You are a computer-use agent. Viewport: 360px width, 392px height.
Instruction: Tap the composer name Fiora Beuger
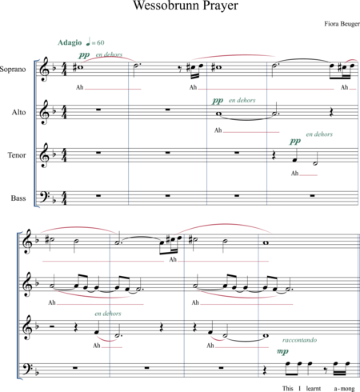342,24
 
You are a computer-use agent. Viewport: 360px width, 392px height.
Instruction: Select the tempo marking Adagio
70,42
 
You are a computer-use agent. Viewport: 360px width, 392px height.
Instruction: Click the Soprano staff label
13,70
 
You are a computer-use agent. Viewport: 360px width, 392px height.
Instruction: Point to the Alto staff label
18,112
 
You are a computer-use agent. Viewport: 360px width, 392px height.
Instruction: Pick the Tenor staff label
17,155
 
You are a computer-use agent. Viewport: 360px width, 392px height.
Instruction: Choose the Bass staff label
18,198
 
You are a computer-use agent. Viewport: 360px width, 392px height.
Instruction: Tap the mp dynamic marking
282,351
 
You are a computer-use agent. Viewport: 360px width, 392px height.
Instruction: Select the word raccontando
300,340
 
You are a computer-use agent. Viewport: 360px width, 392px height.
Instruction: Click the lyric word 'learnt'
314,388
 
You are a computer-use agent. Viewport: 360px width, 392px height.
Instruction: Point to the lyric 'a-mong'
344,389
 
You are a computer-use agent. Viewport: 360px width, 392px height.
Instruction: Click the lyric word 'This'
288,388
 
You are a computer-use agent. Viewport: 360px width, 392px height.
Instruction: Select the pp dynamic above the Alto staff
218,101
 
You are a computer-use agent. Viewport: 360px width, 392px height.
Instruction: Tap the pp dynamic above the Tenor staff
295,141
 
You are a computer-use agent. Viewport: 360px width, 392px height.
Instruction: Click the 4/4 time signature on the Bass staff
64,198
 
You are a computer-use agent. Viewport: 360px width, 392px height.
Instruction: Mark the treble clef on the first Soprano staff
44,70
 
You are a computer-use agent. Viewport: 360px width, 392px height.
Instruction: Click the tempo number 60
101,42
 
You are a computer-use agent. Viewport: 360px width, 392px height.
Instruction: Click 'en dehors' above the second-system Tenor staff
108,314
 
